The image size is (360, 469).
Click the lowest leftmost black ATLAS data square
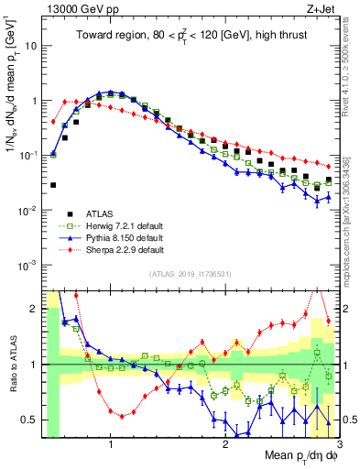[x=53, y=185]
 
